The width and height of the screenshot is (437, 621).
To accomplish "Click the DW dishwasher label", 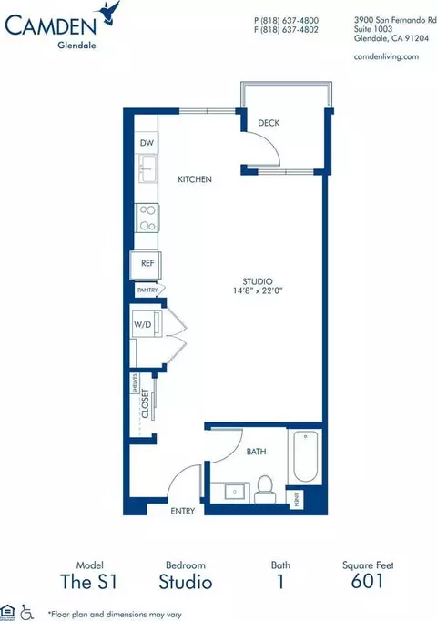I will tap(147, 144).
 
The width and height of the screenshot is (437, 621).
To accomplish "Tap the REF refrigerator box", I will tap(147, 263).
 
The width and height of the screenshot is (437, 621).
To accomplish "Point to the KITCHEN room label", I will tap(194, 179).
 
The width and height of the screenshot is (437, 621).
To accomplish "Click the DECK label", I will tap(268, 123).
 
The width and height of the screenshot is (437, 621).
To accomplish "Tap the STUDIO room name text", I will tap(259, 280).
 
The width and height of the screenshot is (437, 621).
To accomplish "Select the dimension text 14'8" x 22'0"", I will tap(259, 291).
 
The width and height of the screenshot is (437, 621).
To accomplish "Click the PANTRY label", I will tap(147, 290).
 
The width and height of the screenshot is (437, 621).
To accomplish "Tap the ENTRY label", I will tap(183, 512).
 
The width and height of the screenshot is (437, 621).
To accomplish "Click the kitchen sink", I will tap(147, 169).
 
